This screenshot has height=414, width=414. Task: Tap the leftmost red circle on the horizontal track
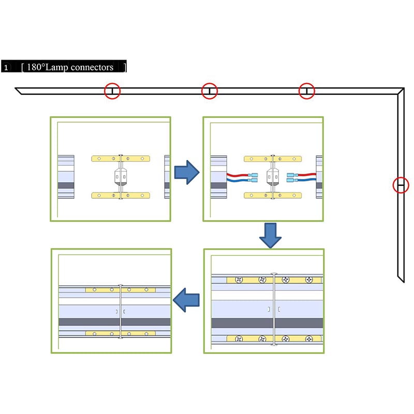click(112, 91)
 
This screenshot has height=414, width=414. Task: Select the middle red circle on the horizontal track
click(210, 91)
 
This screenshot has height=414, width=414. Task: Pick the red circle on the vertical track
click(401, 185)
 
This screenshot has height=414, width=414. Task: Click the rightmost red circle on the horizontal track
click(307, 91)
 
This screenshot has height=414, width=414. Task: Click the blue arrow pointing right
click(187, 172)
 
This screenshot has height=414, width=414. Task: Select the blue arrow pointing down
click(270, 235)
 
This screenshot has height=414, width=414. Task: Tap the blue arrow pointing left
click(186, 300)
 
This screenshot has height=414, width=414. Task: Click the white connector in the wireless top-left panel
click(121, 177)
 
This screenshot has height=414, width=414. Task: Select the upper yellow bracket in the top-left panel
click(121, 158)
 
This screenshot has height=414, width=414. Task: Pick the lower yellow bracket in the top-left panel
click(121, 196)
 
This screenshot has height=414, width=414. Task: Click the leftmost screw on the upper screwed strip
click(239, 280)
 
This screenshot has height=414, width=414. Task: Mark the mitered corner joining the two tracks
click(400, 92)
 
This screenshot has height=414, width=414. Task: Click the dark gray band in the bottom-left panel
click(115, 321)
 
